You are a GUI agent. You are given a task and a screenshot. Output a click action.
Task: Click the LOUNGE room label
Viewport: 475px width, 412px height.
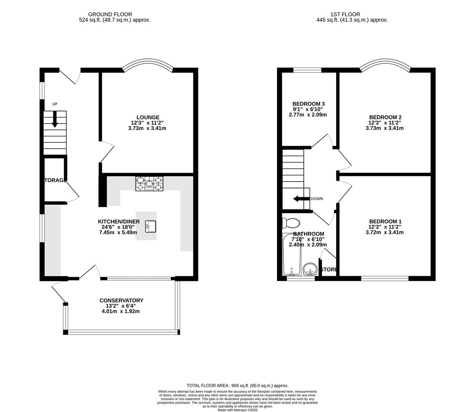[148, 117]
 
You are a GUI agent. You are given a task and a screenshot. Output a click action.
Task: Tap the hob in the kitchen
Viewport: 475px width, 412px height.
[149, 183]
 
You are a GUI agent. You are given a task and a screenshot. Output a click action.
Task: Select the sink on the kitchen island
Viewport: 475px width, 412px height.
[151, 227]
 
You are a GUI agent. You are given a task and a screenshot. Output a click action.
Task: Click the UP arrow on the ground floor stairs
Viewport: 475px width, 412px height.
[55, 119]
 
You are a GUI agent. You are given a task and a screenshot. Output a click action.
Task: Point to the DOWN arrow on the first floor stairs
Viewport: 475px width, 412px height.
[301, 199]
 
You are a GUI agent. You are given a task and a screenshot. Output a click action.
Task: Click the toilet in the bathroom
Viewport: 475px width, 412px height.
[291, 222]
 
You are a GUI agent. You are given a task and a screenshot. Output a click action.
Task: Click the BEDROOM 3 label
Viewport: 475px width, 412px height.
[308, 104]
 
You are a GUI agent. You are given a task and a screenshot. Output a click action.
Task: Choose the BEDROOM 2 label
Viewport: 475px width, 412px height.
[385, 117]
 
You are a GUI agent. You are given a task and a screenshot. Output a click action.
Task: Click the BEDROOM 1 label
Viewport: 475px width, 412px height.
[385, 221]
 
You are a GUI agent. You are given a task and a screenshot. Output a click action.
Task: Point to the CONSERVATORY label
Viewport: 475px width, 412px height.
[121, 301]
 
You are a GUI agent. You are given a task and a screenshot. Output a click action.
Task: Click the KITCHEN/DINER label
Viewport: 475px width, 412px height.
[119, 222]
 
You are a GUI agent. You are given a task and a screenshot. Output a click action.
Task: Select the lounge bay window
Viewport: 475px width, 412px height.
[147, 63]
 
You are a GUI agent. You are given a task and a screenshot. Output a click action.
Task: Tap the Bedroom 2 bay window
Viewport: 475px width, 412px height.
[385, 63]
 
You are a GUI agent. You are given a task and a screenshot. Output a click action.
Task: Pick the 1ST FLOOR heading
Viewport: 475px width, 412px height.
[352, 14]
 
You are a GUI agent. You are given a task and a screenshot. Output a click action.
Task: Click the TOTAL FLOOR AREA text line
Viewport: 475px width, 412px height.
[237, 386]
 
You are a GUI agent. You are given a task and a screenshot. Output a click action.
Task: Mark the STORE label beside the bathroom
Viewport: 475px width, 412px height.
[329, 270]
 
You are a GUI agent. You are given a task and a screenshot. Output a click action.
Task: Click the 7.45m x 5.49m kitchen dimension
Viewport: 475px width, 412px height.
[118, 232]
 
